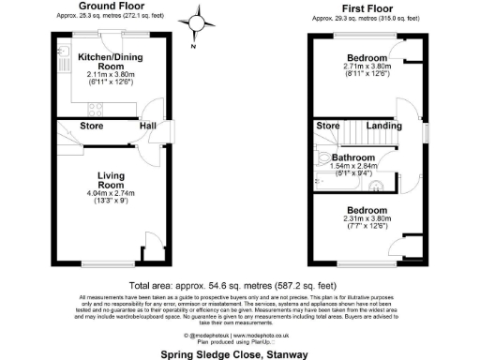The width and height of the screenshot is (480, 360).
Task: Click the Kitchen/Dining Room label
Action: coord(103,61)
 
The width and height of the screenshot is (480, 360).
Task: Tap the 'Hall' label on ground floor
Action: coord(149,126)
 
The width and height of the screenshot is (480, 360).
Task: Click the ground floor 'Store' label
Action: coord(92,126)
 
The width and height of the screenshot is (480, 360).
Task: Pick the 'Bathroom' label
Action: coord(353,157)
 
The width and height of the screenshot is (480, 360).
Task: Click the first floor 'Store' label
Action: coord(328,126)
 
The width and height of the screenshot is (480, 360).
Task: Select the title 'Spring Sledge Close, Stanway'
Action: coord(238,353)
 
